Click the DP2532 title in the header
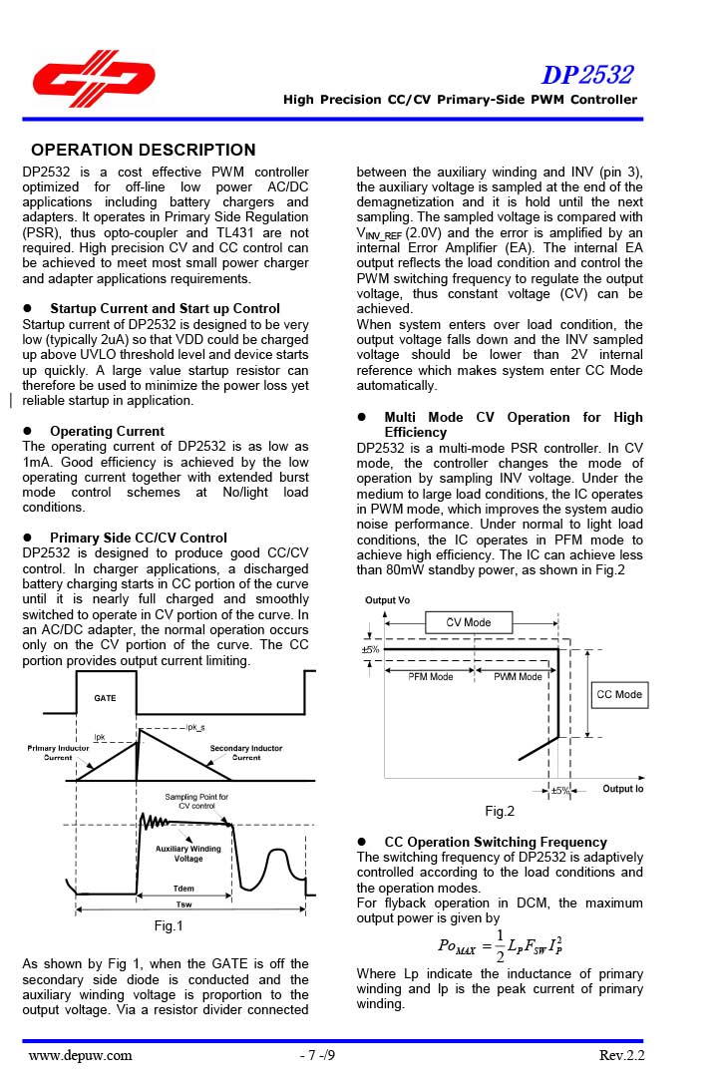click(x=586, y=75)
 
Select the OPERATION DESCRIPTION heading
click(x=143, y=151)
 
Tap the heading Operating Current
click(x=108, y=431)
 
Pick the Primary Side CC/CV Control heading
click(x=139, y=538)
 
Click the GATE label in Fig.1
click(x=105, y=699)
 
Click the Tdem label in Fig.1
click(x=183, y=888)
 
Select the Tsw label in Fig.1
click(x=183, y=904)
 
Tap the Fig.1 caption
click(x=169, y=926)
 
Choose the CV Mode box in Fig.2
click(x=469, y=622)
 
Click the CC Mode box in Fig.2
click(x=619, y=694)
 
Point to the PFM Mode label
click(x=431, y=676)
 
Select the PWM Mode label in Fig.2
click(x=518, y=676)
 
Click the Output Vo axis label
click(x=387, y=600)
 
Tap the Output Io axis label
click(x=623, y=789)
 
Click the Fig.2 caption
click(x=500, y=812)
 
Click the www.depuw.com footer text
click(x=80, y=1056)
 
